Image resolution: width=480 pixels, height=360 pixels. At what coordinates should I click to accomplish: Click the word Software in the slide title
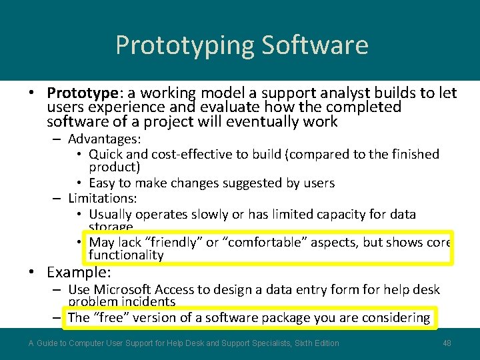tap(315, 45)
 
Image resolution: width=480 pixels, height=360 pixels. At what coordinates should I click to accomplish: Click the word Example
tap(78, 272)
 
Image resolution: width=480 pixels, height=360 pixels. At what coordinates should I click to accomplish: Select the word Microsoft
tap(122, 289)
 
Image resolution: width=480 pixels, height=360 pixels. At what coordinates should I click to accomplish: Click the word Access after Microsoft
tap(175, 289)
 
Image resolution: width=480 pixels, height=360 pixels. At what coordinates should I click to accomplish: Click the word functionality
tap(126, 255)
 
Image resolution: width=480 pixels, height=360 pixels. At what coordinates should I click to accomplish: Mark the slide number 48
tap(447, 343)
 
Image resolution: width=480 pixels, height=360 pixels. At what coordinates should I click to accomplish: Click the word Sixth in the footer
tap(295, 343)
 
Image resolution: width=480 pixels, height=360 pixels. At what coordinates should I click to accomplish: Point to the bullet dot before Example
tap(31, 273)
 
